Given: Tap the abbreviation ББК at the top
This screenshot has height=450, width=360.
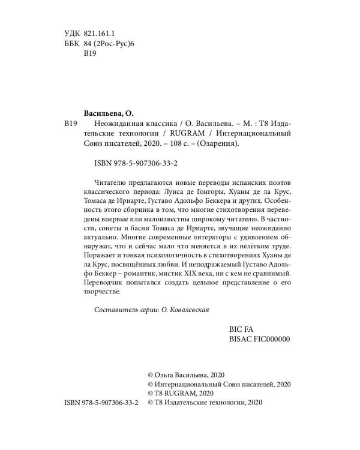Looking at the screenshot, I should [71, 45].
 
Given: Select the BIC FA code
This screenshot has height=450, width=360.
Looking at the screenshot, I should [243, 329].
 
